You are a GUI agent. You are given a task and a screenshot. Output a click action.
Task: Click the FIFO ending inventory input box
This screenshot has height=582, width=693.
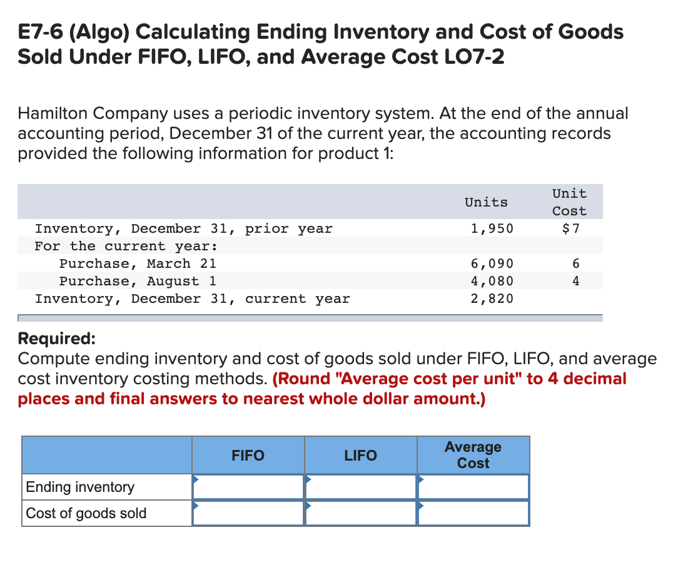click(248, 487)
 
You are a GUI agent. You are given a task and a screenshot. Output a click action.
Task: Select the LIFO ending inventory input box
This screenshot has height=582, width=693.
click(361, 487)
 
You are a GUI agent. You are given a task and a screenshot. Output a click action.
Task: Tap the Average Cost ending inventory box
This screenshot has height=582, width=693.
click(473, 487)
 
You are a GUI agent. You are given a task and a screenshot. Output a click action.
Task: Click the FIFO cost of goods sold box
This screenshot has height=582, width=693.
click(248, 513)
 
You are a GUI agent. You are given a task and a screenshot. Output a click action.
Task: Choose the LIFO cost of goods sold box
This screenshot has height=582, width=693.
click(361, 513)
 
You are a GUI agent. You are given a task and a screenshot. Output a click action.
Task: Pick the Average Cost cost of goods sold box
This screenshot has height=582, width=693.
click(473, 513)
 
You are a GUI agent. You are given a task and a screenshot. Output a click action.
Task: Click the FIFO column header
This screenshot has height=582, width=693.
click(248, 455)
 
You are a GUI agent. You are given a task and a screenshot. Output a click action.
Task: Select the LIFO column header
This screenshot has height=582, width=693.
click(361, 455)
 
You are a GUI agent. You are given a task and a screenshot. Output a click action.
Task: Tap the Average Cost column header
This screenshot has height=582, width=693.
click(473, 455)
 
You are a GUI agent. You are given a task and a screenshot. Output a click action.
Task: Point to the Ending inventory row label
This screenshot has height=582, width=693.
click(80, 487)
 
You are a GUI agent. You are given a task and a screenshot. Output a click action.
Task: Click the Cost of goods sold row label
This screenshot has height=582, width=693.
click(86, 513)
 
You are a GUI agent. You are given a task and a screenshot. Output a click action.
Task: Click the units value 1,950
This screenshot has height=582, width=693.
click(492, 228)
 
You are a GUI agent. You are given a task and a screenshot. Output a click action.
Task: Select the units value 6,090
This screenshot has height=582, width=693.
click(492, 263)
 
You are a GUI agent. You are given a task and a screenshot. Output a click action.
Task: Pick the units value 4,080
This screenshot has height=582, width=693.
click(492, 281)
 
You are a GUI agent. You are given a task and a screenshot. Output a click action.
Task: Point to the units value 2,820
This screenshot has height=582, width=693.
click(492, 299)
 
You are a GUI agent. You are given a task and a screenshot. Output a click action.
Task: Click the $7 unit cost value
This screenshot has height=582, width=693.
click(571, 228)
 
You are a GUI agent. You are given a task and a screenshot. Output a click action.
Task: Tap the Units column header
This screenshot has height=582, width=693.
click(486, 202)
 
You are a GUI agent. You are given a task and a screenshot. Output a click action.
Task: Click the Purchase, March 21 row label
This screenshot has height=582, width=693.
click(138, 263)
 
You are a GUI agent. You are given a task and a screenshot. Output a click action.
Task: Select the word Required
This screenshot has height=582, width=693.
click(56, 339)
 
